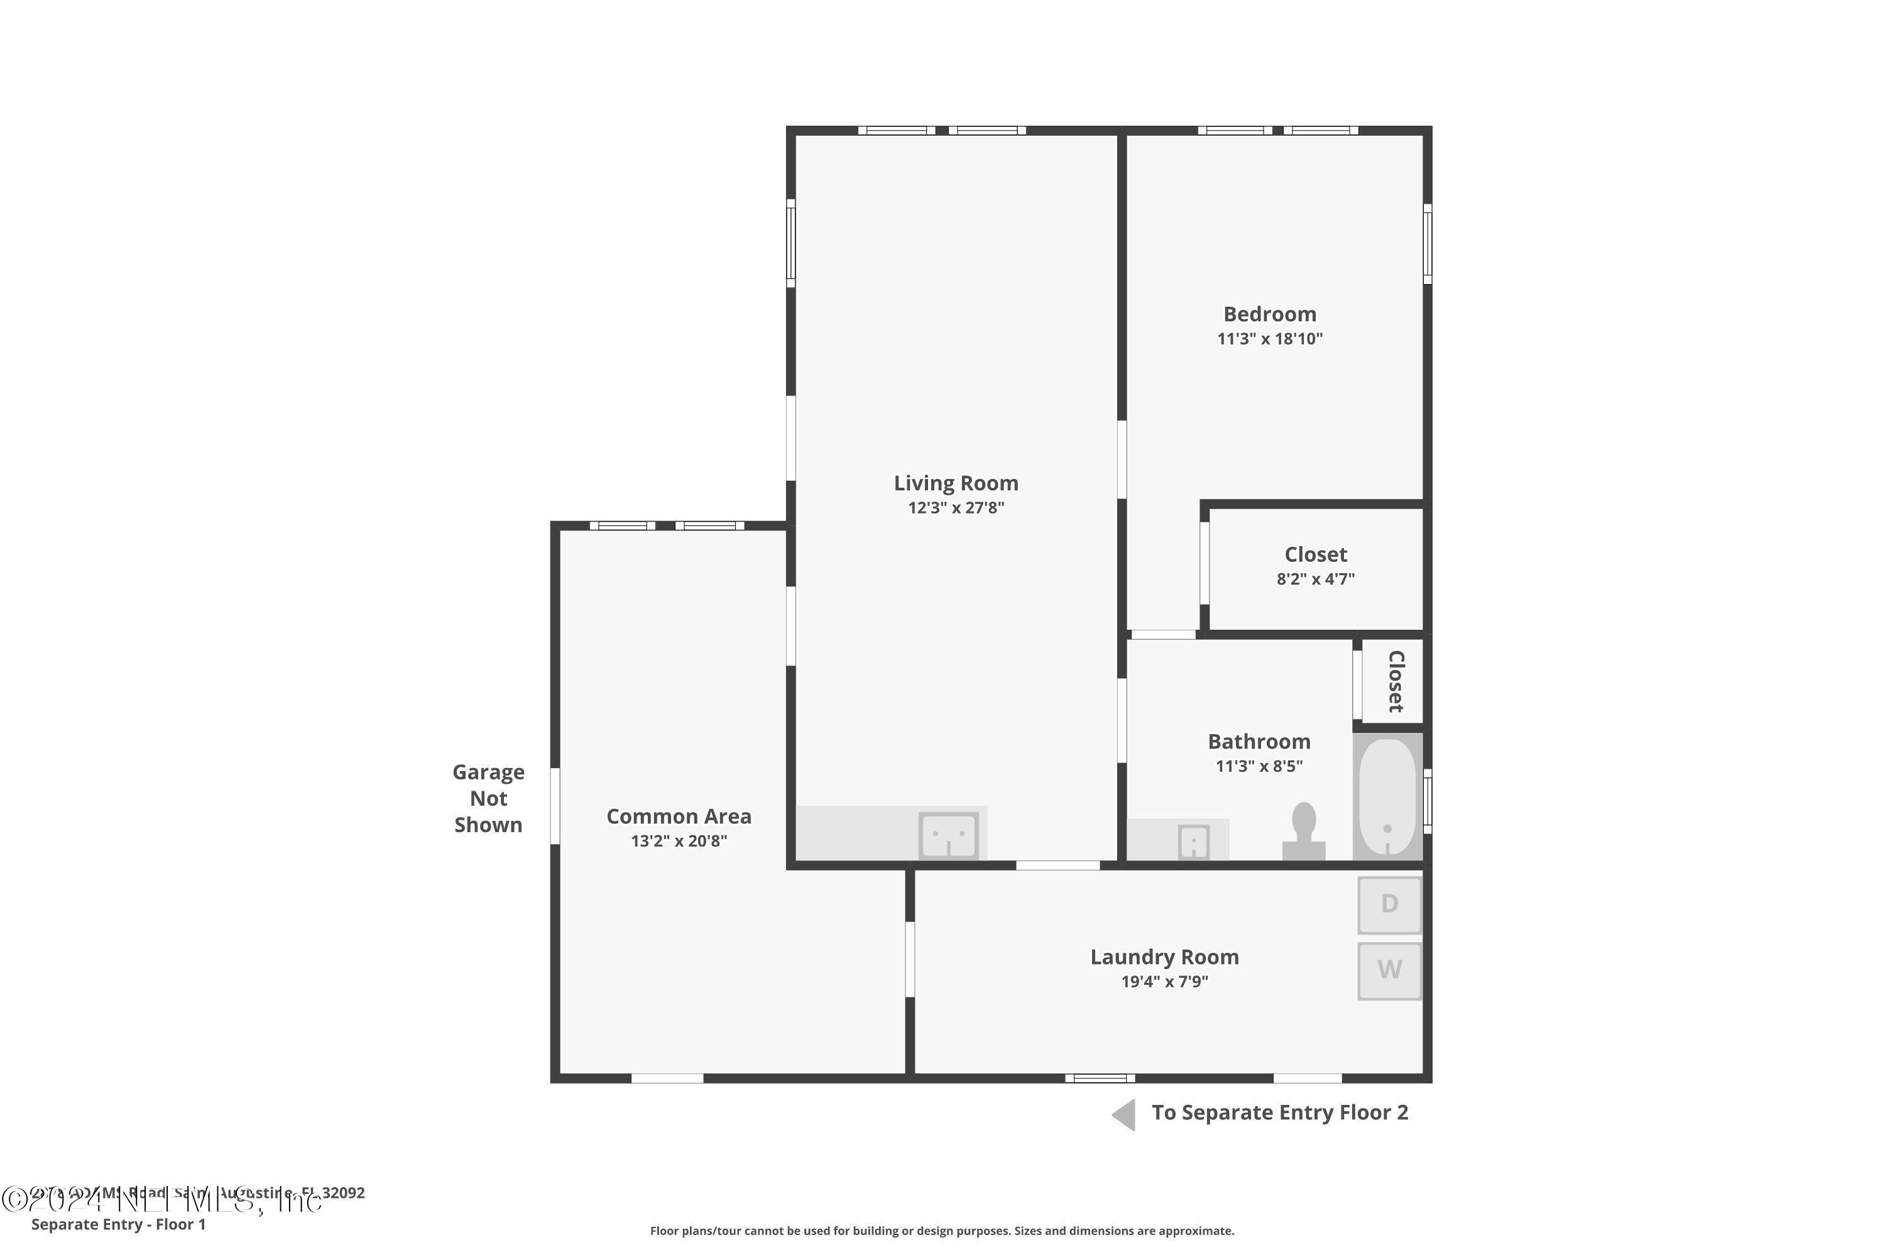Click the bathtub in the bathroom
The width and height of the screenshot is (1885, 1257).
coord(1387,797)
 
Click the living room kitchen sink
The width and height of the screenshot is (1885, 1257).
coord(948,835)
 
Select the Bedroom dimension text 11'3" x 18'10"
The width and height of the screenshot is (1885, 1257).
coord(1269,339)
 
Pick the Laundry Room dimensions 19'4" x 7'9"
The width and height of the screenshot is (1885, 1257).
coord(1164,982)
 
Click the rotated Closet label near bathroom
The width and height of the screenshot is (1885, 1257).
coord(1396,681)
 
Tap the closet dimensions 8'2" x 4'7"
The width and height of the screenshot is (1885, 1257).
coord(1315,579)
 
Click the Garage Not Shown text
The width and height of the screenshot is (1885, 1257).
coord(488,798)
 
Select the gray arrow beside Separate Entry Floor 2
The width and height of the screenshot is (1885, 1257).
coord(1125,1115)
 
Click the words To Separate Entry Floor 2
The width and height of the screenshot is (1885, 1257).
coord(1279,1112)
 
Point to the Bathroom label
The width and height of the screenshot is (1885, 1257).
coord(1259,742)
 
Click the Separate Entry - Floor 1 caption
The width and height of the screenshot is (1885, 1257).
coord(119,1224)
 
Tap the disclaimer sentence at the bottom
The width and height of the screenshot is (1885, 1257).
coord(942,1231)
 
